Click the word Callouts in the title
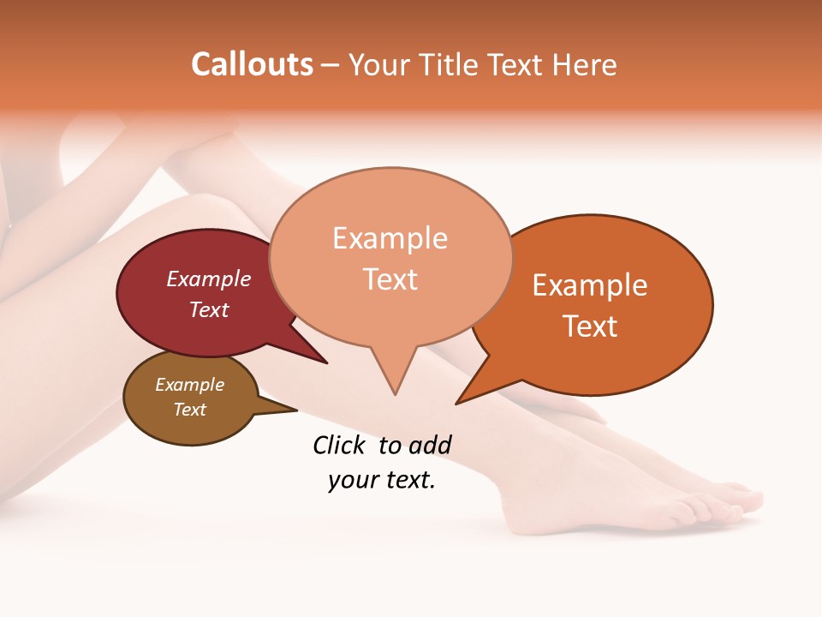point(252,64)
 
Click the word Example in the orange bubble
point(590,285)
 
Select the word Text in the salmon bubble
point(390,279)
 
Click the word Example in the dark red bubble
point(209,279)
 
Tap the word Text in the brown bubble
point(190,410)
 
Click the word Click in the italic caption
point(340,445)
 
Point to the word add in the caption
point(429,445)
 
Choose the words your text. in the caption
point(382,481)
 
